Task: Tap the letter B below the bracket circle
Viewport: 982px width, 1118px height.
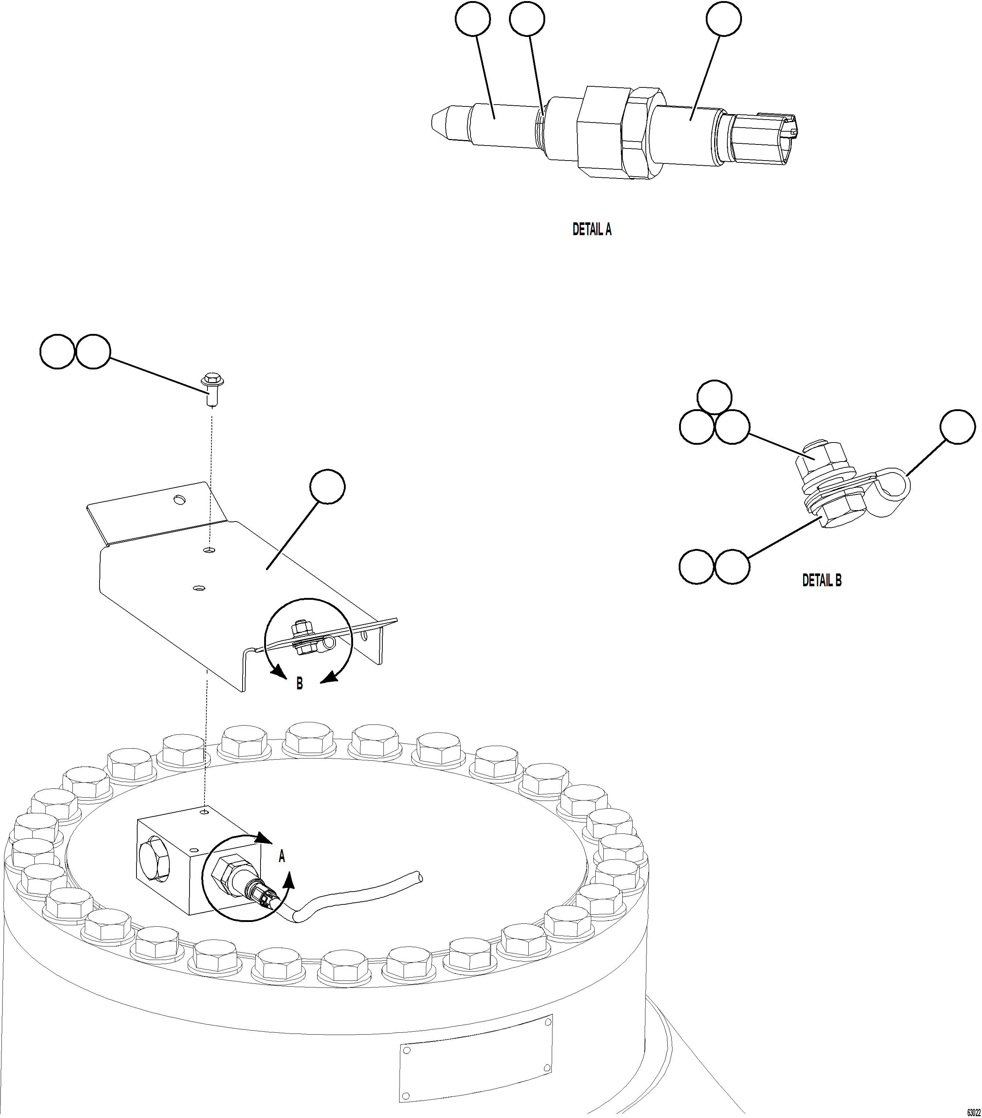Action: point(299,684)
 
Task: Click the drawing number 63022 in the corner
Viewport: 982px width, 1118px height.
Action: point(973,1112)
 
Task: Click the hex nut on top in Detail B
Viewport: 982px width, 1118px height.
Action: point(819,455)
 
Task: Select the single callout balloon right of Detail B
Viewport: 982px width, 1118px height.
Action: point(957,427)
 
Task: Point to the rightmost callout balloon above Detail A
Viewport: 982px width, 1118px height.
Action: point(723,19)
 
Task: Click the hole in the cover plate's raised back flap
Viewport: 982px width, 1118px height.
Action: point(178,499)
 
